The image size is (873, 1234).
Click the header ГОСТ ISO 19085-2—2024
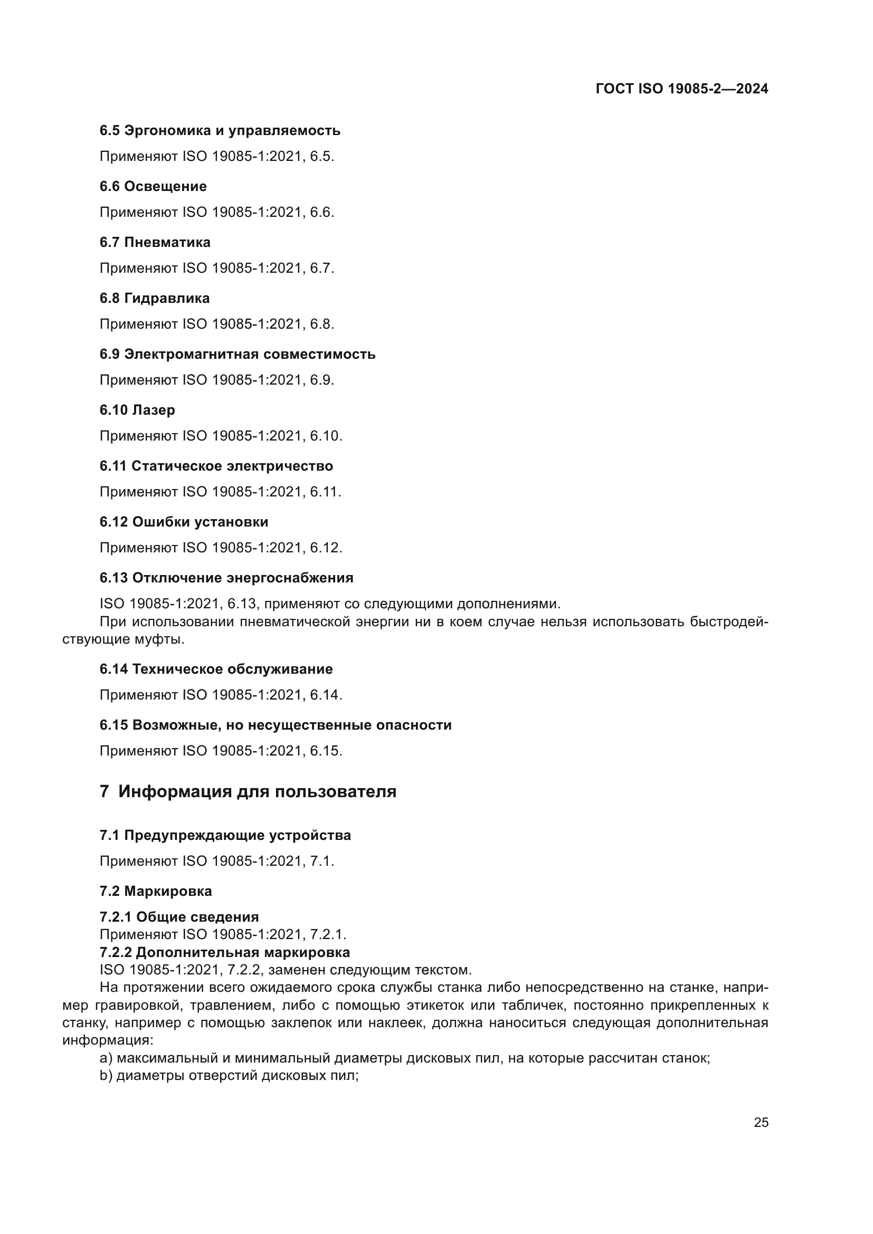click(x=681, y=89)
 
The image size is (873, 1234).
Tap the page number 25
click(x=761, y=1123)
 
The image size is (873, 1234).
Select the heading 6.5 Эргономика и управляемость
click(x=220, y=131)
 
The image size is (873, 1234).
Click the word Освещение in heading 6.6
click(x=165, y=186)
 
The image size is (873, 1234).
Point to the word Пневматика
click(x=167, y=242)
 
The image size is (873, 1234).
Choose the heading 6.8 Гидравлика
click(x=154, y=298)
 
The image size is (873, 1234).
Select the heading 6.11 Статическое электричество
click(x=215, y=466)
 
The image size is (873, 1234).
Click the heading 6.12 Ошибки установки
click(x=183, y=522)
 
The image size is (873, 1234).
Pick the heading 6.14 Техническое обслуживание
click(x=215, y=669)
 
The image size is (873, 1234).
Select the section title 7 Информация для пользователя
click(x=248, y=792)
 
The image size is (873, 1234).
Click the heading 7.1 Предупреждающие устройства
click(x=225, y=835)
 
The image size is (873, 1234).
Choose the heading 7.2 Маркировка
click(x=155, y=891)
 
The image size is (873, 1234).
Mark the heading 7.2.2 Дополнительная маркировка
click(x=224, y=952)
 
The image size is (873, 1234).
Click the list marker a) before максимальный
click(x=106, y=1058)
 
